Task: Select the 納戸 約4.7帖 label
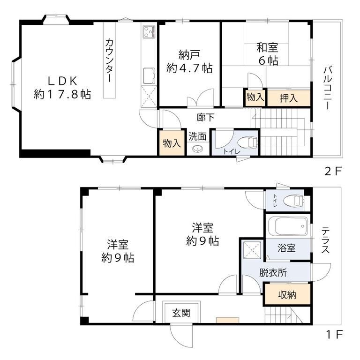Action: tap(189, 61)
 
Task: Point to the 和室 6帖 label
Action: tap(267, 54)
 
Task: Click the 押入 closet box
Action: tap(289, 98)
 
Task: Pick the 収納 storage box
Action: tap(287, 295)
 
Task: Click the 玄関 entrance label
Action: tap(181, 313)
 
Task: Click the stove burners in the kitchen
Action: tap(149, 32)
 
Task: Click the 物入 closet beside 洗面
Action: tap(171, 143)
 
